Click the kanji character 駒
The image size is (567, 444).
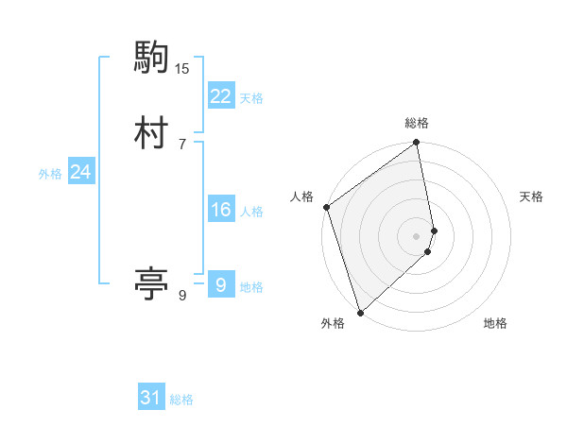[x=151, y=60]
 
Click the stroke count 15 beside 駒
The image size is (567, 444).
[x=182, y=69]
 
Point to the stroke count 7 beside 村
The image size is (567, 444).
[x=182, y=145]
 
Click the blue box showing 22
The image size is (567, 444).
[x=220, y=96]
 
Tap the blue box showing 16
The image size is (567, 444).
[x=220, y=210]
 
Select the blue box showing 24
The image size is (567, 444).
[x=80, y=172]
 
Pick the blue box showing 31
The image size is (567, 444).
[x=151, y=398]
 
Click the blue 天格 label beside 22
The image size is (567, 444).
[x=251, y=98]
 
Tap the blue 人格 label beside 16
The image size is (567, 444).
[x=251, y=212]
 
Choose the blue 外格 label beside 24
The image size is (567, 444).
[x=50, y=174]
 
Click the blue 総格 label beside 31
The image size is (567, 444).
[x=181, y=400]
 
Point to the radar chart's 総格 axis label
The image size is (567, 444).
[x=417, y=123]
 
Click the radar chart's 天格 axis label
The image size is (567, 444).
[x=531, y=196]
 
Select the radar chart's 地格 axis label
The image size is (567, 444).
[x=495, y=323]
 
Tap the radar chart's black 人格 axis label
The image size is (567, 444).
[x=302, y=196]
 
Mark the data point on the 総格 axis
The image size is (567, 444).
[x=417, y=144]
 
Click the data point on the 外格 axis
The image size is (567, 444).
[x=359, y=312]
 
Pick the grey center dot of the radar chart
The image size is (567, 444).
[x=417, y=235]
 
